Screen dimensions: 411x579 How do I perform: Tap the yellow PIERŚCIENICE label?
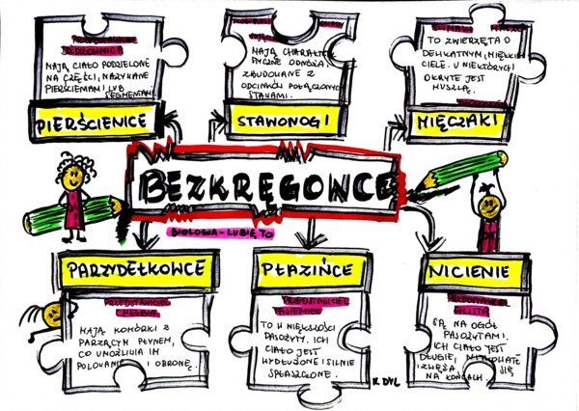pos(93,123)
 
